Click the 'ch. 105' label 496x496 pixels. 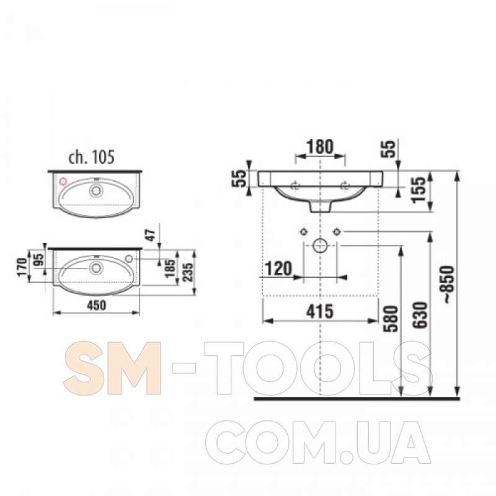pos(92,157)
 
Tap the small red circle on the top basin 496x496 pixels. pos(63,181)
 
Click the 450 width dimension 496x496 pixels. pos(96,305)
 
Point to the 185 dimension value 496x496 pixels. pos(170,268)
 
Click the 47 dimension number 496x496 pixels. pos(151,235)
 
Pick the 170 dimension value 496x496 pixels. pos(22,268)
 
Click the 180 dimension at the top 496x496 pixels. pos(320,146)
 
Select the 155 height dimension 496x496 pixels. pos(421,190)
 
